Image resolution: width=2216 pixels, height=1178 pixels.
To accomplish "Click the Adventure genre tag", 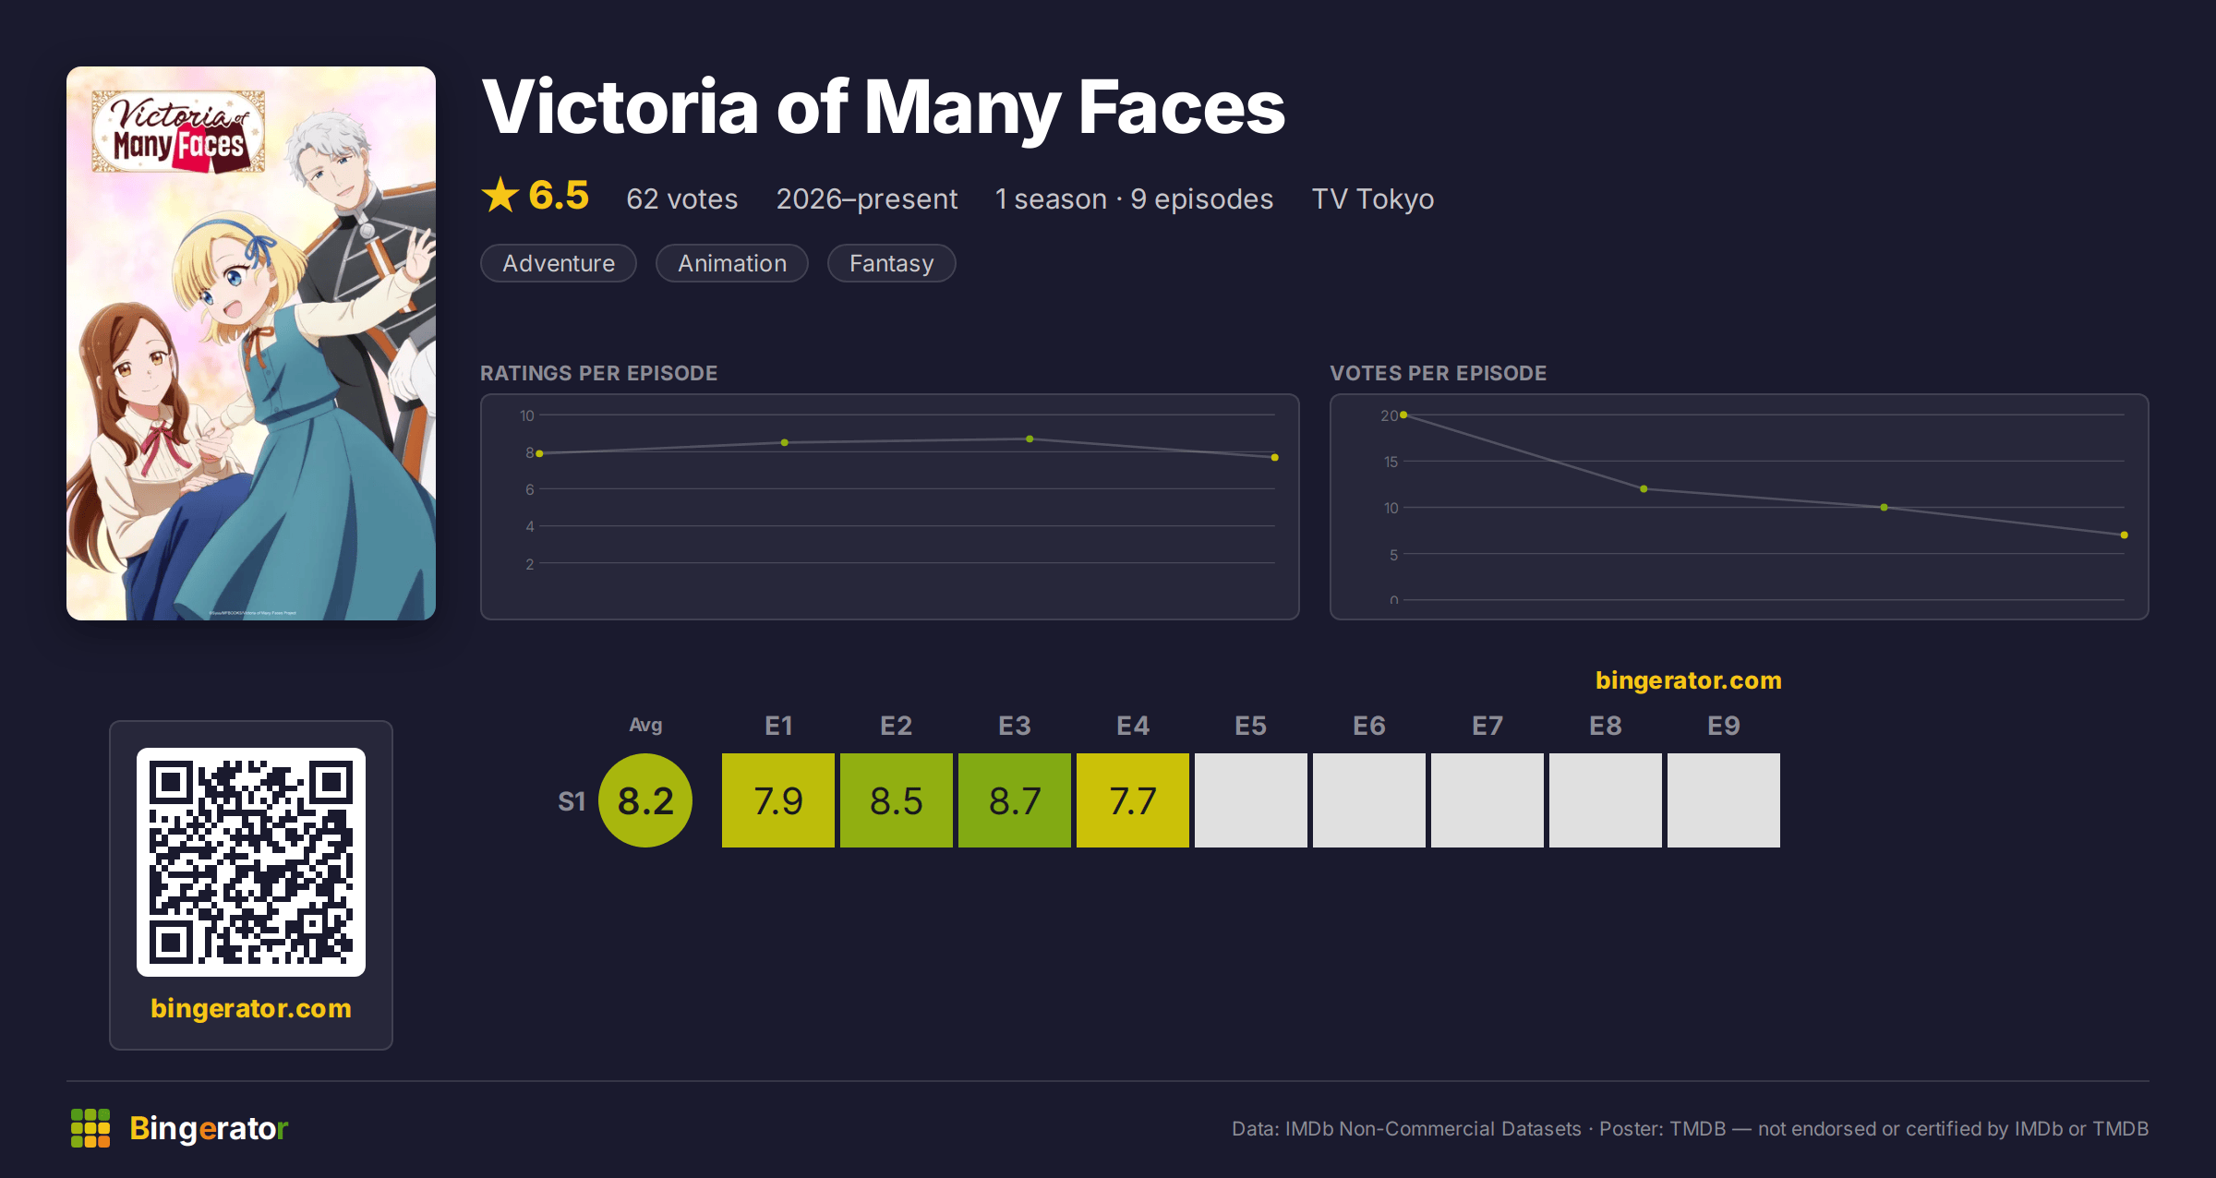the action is (x=559, y=263).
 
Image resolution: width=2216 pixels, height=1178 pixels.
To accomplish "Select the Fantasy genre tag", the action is (x=891, y=263).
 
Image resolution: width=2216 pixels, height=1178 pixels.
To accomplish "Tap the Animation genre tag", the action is (x=732, y=263).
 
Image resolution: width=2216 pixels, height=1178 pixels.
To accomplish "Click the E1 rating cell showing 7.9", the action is (x=778, y=800).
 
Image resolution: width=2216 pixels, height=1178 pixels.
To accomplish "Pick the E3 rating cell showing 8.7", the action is (x=1015, y=800).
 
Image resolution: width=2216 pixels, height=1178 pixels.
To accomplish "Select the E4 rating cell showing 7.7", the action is (x=1133, y=800).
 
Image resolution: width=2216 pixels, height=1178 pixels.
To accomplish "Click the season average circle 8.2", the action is (x=645, y=800).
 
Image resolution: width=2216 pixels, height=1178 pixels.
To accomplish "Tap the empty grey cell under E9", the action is (x=1724, y=800).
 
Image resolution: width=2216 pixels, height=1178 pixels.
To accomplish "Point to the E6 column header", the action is (x=1369, y=726).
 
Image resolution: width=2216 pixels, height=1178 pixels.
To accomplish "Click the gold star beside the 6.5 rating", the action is (x=500, y=195).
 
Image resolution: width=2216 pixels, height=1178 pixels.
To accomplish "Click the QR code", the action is (x=251, y=862).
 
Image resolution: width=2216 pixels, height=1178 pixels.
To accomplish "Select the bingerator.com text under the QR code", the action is (x=251, y=1008).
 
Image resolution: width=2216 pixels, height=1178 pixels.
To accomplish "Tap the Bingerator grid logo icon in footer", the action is (x=90, y=1128).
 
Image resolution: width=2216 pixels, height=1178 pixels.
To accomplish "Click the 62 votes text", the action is (x=682, y=199).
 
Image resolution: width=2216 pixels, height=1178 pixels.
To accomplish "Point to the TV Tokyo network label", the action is (x=1373, y=199).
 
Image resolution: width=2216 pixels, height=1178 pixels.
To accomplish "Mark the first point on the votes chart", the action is (x=1403, y=415).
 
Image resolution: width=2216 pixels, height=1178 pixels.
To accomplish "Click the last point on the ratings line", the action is (x=1275, y=458).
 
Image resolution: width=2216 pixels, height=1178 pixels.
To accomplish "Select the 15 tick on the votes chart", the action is (x=1391, y=462).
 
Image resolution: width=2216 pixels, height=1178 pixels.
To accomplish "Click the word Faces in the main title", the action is (x=1182, y=107).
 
